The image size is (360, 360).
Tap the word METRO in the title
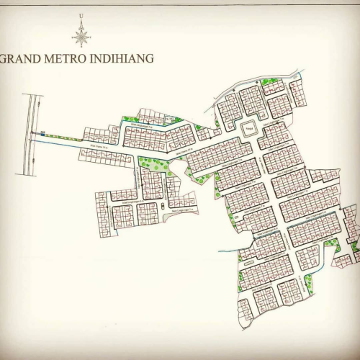(68, 58)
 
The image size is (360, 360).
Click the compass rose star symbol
(81, 35)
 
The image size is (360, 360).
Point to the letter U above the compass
(81, 15)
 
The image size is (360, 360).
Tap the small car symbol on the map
(163, 206)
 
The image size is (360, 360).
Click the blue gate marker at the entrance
(42, 132)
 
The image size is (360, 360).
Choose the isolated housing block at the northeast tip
(297, 92)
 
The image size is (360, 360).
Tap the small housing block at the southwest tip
(246, 310)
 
